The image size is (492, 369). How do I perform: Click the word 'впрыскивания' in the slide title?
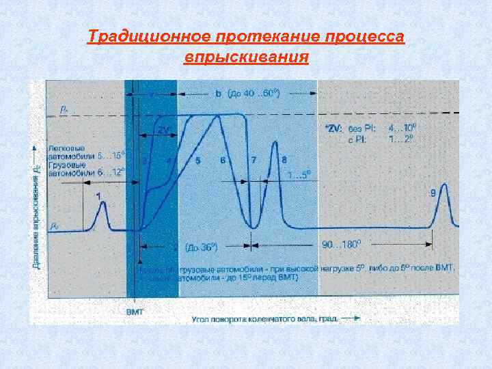click(x=246, y=56)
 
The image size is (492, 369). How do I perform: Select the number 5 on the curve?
click(x=197, y=161)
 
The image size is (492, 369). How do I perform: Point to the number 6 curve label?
click(x=223, y=161)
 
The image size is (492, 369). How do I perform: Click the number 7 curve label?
click(x=254, y=161)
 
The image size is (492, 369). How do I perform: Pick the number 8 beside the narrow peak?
click(x=284, y=161)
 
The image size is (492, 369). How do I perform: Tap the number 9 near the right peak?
click(x=433, y=193)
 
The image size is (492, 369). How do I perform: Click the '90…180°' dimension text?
click(x=341, y=244)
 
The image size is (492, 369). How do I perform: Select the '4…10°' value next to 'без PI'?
click(x=401, y=127)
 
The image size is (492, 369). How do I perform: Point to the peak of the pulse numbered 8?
click(x=275, y=141)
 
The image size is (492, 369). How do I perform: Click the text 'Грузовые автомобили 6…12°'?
click(x=84, y=169)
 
